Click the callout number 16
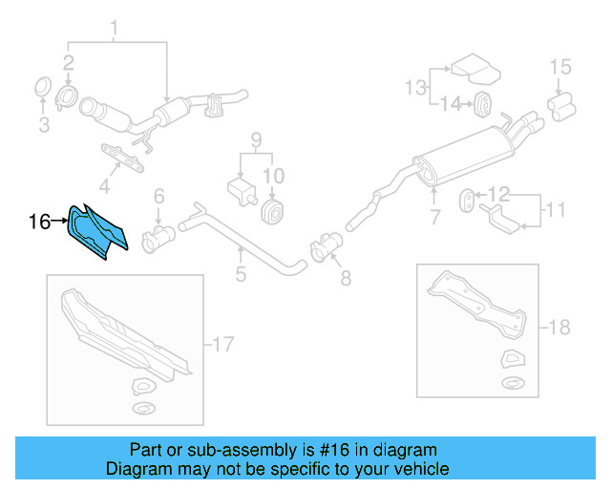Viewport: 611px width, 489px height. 39,223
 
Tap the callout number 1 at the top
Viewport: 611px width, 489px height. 115,27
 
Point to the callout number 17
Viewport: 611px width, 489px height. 221,345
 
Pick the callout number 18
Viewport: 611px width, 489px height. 558,328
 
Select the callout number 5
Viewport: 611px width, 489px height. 241,275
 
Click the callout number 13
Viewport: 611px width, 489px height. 414,89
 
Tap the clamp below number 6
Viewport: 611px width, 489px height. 156,237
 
